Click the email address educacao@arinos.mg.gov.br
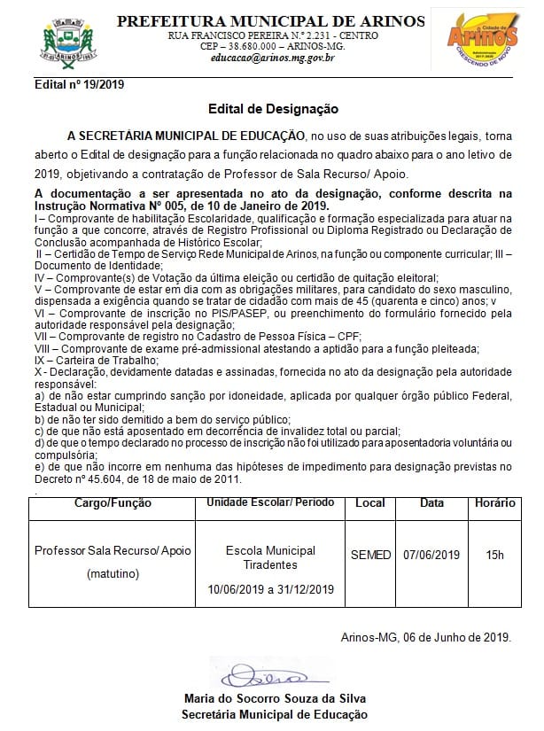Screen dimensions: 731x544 (x=272, y=58)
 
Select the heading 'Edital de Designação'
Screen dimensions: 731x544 (x=273, y=108)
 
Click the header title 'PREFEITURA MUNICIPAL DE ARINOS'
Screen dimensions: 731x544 (x=272, y=19)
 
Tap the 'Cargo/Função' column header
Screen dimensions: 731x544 (x=113, y=503)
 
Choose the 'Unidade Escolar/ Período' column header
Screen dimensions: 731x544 (x=271, y=503)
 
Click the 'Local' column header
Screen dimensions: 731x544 (x=369, y=503)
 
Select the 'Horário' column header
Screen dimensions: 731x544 (x=494, y=503)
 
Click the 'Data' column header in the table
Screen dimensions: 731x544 (x=431, y=503)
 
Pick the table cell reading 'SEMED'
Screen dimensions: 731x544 (x=370, y=556)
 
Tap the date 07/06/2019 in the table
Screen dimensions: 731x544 (x=431, y=556)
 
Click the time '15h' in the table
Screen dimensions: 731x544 (x=494, y=556)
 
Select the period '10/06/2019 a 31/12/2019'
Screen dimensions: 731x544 (x=271, y=589)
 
